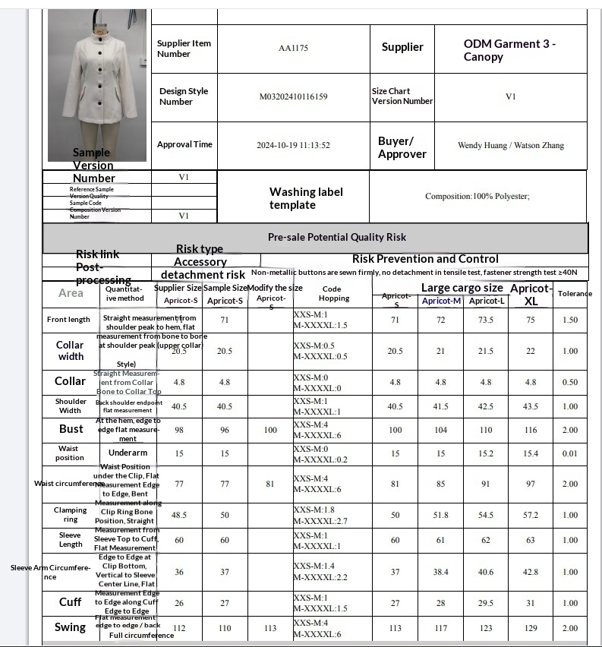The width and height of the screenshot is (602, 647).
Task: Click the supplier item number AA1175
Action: pyautogui.click(x=293, y=48)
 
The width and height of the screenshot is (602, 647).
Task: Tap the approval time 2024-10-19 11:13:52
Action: pyautogui.click(x=293, y=145)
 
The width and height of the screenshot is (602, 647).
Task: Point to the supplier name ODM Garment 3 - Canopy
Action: pyautogui.click(x=509, y=50)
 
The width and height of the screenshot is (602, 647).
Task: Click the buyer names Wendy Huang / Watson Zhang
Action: pyautogui.click(x=511, y=145)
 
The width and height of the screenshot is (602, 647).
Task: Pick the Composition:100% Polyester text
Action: pyautogui.click(x=478, y=196)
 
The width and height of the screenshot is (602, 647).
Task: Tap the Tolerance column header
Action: pyautogui.click(x=575, y=293)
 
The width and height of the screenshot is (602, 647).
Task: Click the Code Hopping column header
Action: pyautogui.click(x=332, y=293)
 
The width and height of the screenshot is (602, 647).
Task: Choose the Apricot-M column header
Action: pyautogui.click(x=442, y=301)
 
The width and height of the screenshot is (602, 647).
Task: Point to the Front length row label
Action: pyautogui.click(x=68, y=320)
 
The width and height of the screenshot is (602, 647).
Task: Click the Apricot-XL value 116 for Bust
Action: pyautogui.click(x=531, y=430)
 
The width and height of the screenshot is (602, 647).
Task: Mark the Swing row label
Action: pyautogui.click(x=70, y=627)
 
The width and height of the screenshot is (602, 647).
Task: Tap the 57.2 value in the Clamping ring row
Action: pyautogui.click(x=531, y=515)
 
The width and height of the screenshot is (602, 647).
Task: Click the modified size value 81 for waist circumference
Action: pyautogui.click(x=270, y=484)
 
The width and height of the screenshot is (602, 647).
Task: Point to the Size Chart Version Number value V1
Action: pyautogui.click(x=511, y=96)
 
